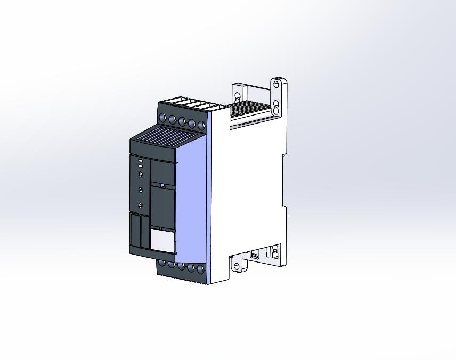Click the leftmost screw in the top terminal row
(162, 118)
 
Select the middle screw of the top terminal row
(182, 121)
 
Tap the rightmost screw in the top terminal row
(201, 126)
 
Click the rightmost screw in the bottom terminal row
(201, 270)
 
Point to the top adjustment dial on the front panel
(141, 174)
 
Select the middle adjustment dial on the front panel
(141, 189)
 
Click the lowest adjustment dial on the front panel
(141, 206)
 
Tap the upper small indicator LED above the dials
(140, 161)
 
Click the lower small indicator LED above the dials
(140, 167)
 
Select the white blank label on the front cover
(162, 240)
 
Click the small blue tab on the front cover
(162, 185)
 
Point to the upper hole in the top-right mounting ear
(276, 84)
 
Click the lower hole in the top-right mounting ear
(276, 103)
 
